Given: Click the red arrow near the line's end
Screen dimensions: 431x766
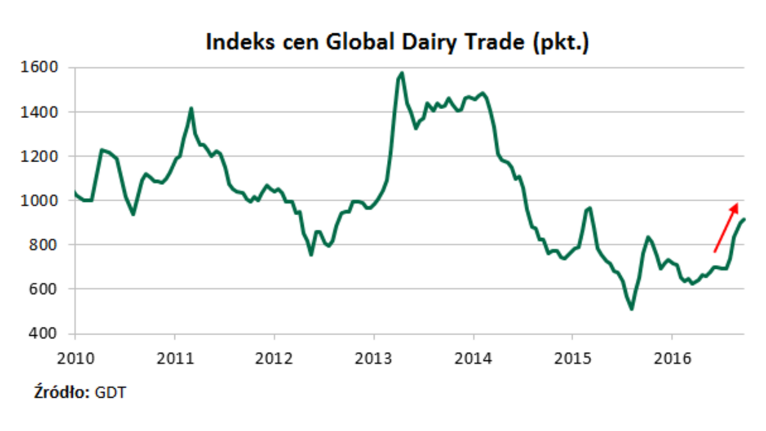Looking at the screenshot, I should pyautogui.click(x=726, y=227).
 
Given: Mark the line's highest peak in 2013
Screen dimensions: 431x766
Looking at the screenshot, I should pyautogui.click(x=402, y=73).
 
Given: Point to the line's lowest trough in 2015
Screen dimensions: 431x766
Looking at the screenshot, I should pyautogui.click(x=631, y=310).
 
